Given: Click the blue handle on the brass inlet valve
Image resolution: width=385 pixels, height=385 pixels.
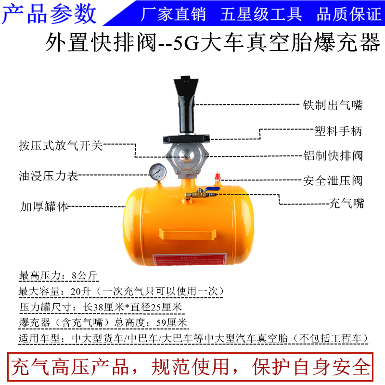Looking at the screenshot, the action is pos(210,192).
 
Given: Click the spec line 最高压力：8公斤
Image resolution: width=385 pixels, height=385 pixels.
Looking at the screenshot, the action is pos(58,276).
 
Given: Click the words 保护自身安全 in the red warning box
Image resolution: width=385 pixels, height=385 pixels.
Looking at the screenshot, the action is pos(311,367).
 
